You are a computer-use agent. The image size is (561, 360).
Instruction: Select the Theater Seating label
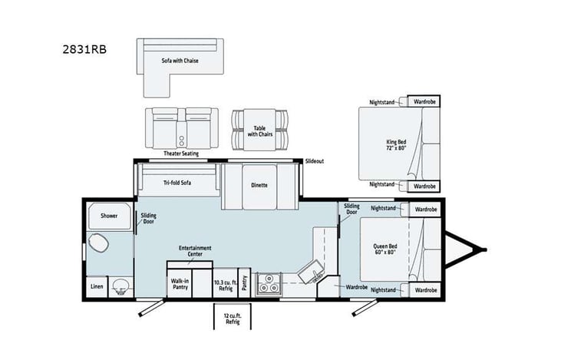point(180,153)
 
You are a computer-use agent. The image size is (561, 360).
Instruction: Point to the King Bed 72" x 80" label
point(397,144)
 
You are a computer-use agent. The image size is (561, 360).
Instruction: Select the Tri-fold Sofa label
point(177,183)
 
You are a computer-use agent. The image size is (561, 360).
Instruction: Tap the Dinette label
point(259,185)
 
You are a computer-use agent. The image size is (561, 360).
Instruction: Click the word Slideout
point(315,161)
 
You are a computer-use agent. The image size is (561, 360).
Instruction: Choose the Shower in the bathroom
point(108,216)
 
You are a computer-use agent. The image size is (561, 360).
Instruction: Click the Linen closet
point(96,286)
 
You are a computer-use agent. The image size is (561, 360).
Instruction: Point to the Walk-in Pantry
point(180,285)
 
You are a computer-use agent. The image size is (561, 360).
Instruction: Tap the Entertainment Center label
point(195,251)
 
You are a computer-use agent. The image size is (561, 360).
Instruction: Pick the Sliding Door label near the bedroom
point(351,210)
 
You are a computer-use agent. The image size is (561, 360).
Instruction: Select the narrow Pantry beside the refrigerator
point(244,285)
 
